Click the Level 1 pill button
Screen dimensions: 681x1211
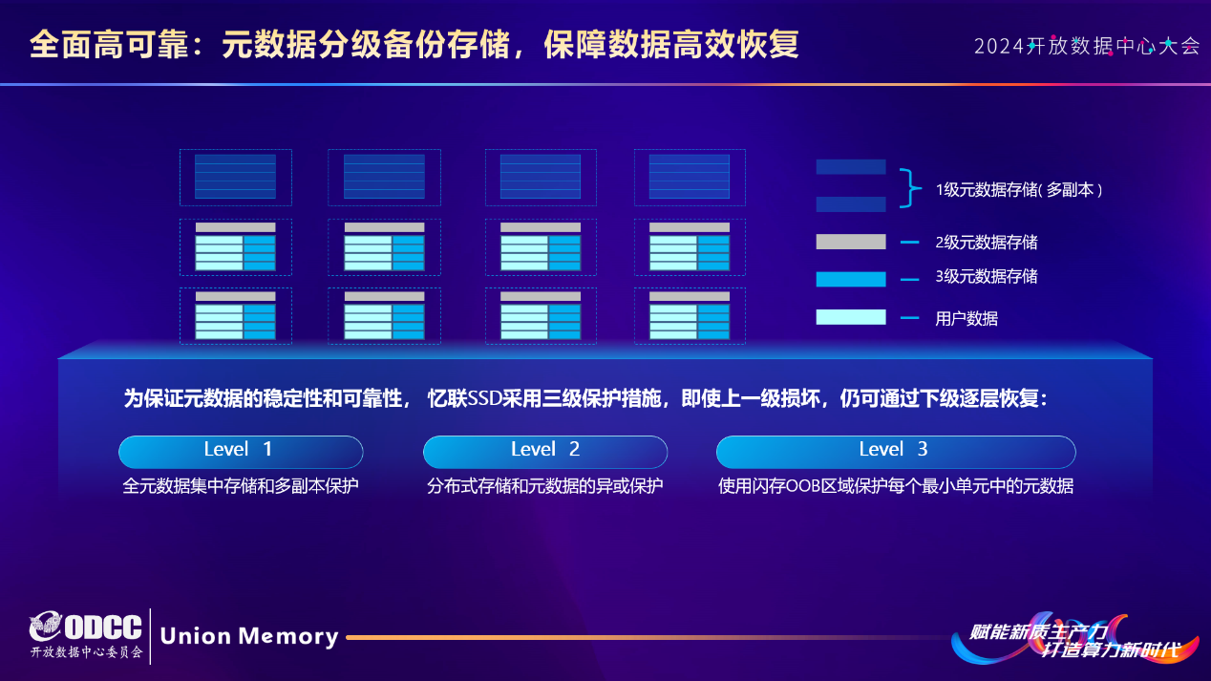click(240, 451)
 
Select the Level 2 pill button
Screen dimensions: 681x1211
click(544, 451)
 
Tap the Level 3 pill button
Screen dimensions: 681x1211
click(895, 451)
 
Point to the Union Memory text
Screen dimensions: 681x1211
click(249, 636)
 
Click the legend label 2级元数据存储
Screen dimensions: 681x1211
click(986, 243)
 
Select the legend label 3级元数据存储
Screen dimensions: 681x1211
click(986, 277)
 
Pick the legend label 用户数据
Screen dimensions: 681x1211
click(966, 319)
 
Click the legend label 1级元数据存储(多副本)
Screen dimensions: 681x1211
click(1019, 190)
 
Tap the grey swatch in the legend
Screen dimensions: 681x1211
click(850, 242)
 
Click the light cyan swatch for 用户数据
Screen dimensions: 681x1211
click(850, 317)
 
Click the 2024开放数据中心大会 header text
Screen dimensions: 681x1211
click(1086, 46)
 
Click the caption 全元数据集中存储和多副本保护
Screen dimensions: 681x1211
click(240, 486)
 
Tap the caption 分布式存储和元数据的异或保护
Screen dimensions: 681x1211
click(544, 486)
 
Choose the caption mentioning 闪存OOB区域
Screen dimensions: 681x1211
click(895, 486)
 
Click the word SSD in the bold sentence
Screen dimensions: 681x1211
click(484, 399)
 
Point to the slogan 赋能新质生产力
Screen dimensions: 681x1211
click(1038, 630)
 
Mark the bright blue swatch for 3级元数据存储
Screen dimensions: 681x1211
click(850, 279)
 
